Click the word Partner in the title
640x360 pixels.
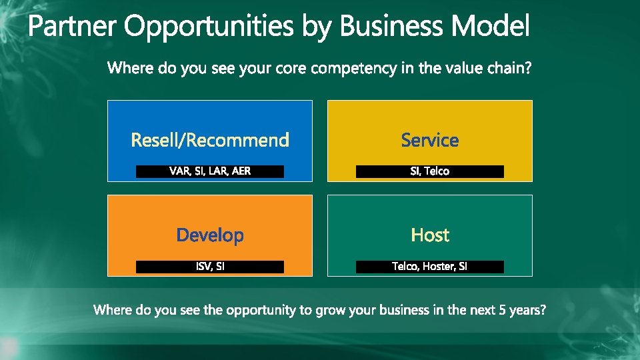click(x=72, y=27)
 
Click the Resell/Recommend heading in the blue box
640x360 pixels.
click(x=210, y=140)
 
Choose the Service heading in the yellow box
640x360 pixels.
click(x=430, y=140)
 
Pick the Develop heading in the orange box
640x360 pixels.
click(x=210, y=235)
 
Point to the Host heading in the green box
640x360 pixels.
click(x=430, y=235)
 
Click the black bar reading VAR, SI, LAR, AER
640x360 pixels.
click(x=210, y=171)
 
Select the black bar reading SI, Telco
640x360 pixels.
click(x=430, y=171)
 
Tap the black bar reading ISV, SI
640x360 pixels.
click(x=210, y=267)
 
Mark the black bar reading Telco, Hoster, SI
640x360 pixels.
click(x=430, y=267)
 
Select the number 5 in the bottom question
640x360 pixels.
click(x=503, y=310)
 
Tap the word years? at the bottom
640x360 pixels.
click(x=528, y=311)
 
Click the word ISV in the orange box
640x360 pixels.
click(x=203, y=267)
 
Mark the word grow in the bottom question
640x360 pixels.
click(x=325, y=311)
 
